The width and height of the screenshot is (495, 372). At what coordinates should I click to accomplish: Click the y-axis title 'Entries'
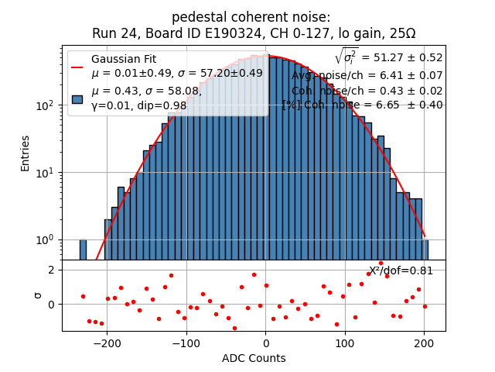(x=26, y=153)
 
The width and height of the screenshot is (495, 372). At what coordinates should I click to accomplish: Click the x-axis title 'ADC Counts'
(x=254, y=358)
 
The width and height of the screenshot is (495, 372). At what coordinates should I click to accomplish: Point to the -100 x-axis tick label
(x=186, y=343)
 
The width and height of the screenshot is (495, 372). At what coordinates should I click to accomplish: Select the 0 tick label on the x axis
(x=266, y=343)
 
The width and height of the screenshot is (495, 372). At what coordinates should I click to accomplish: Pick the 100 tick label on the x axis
(x=345, y=343)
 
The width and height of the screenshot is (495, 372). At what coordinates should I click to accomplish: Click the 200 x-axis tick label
(x=424, y=343)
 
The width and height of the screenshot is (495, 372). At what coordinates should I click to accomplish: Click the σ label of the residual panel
(x=37, y=295)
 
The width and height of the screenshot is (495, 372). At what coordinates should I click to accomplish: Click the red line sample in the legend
(x=77, y=67)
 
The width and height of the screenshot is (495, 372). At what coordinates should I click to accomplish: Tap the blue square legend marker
(x=77, y=99)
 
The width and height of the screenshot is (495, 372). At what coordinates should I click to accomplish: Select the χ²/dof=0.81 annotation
(x=401, y=270)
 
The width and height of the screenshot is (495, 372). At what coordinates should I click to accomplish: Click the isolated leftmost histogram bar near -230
(x=83, y=250)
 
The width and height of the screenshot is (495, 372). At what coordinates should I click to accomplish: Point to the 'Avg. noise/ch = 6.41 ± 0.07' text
(x=367, y=75)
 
